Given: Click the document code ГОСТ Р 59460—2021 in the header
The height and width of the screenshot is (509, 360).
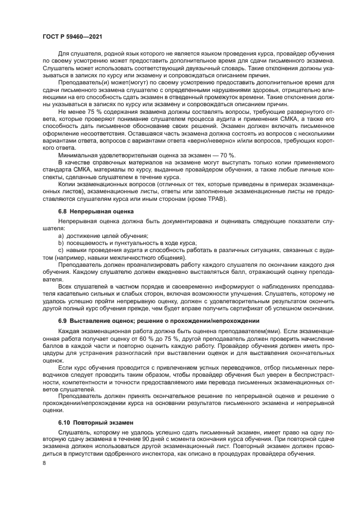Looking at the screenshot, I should coord(72,35).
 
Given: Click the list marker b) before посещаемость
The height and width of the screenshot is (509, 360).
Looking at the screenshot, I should coord(61,243).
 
